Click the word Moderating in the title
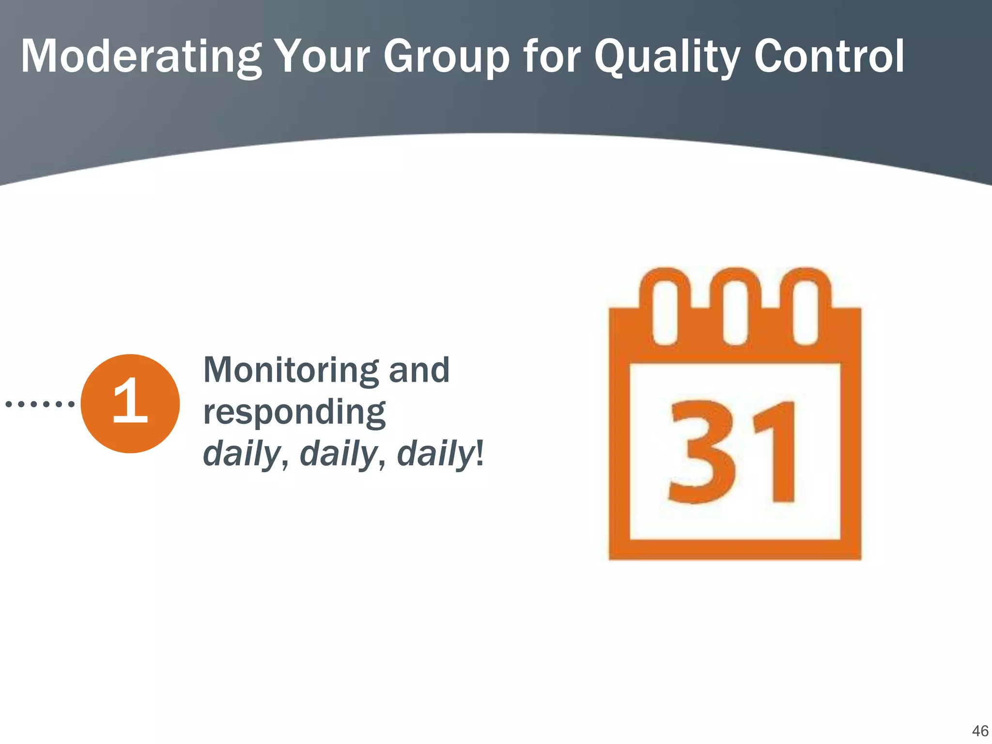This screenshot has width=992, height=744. [140, 57]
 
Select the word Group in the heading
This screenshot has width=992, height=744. [446, 57]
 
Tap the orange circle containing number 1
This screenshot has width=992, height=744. [130, 403]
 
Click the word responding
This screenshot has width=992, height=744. [294, 413]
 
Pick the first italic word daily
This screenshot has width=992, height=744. [241, 454]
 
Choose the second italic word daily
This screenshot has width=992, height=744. [338, 454]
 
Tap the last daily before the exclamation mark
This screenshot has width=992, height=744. [435, 454]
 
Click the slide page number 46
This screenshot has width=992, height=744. [980, 731]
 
